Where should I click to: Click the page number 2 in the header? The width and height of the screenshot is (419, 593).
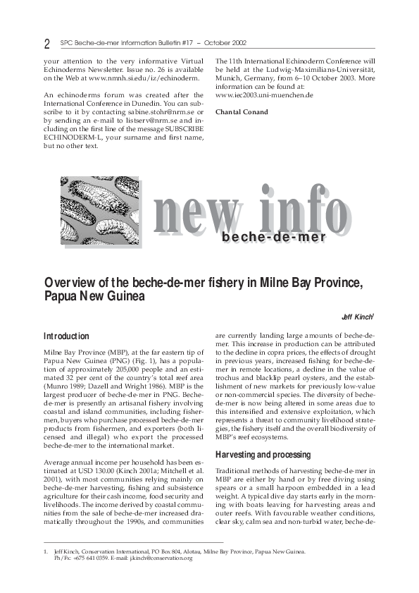[x=46, y=44]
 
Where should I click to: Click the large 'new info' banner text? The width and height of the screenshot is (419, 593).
[x=243, y=209]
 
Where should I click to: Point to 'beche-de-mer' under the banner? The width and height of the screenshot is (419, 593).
[x=273, y=237]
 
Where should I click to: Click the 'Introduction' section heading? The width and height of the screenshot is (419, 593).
[x=66, y=336]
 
